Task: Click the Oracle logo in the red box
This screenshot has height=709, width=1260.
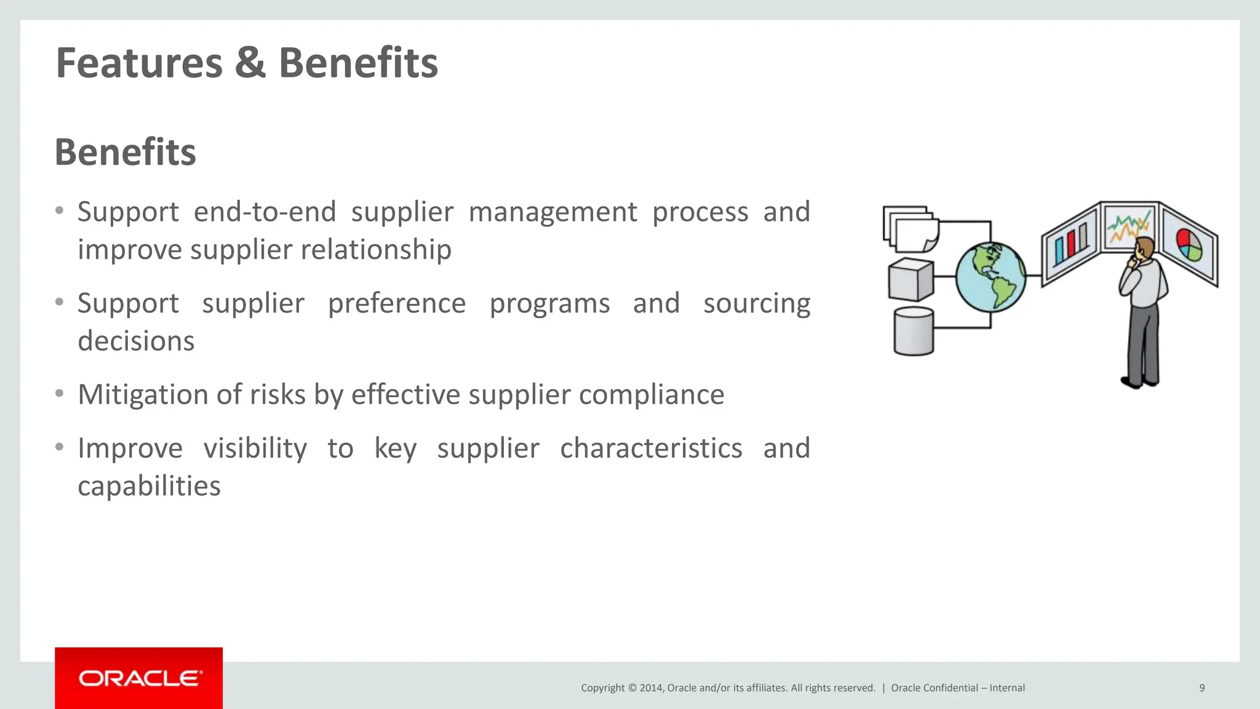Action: coord(140,678)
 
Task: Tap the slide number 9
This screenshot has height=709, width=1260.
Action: coord(1202,688)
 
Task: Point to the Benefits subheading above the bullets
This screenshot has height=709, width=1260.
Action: coord(126,152)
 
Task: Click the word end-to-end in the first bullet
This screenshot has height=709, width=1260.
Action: coord(265,212)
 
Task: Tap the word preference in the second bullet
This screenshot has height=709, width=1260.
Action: coord(397,303)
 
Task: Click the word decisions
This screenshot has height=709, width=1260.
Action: coord(136,341)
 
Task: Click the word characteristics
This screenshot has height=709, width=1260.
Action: coord(651,448)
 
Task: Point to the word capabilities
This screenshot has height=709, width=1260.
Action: coord(149,486)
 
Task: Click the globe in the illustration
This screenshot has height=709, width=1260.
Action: coord(991,277)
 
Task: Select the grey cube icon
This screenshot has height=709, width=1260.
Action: coord(911,279)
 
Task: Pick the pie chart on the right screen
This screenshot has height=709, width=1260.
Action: coord(1189,245)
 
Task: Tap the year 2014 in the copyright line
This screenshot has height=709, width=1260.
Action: coord(652,688)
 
